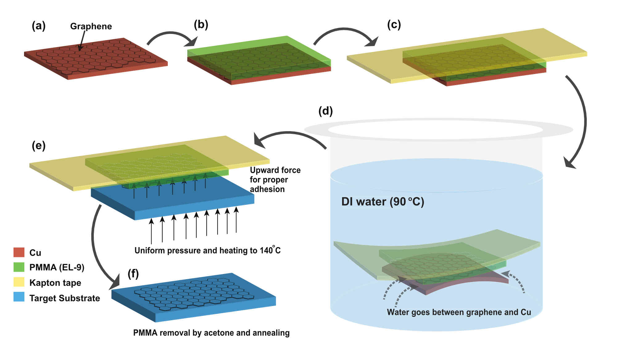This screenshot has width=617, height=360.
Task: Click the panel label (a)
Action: (x=39, y=26)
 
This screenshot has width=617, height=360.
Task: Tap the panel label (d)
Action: (x=325, y=111)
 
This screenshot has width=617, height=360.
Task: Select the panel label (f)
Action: (x=133, y=273)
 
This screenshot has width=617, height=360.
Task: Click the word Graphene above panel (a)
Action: (x=91, y=26)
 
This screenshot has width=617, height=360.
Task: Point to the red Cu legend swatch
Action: (x=19, y=252)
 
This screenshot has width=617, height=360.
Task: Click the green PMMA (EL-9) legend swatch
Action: (x=19, y=267)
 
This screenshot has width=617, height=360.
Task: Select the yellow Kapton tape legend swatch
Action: (x=19, y=282)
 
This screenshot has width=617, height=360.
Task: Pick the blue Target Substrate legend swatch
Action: (x=19, y=297)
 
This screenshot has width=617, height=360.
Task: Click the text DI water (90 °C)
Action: (x=383, y=202)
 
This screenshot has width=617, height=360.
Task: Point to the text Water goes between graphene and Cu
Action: (x=459, y=312)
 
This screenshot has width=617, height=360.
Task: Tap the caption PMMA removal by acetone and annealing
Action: (x=211, y=333)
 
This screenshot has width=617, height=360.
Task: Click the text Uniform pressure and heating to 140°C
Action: (x=208, y=250)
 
